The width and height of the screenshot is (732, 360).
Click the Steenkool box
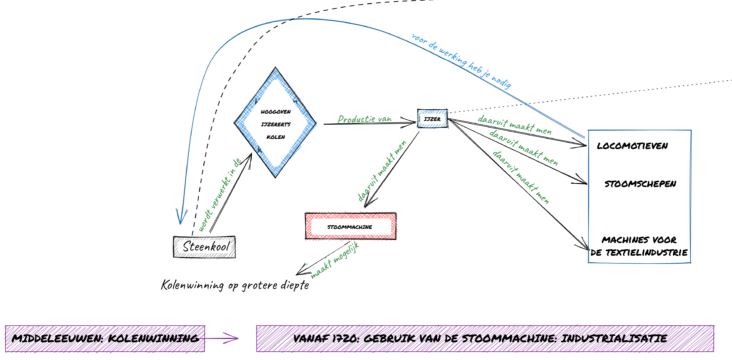pos(204,247)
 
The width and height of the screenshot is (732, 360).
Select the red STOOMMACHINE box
pos(351,226)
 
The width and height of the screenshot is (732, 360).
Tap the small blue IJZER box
pos(432,119)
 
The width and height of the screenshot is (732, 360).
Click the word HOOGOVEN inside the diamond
pos(276,112)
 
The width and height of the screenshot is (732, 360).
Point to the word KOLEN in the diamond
pos(276,137)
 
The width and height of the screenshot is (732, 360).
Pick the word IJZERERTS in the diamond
pos(276,124)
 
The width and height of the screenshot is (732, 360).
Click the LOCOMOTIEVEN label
pos(632,146)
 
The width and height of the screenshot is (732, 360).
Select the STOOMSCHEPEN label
pos(640,184)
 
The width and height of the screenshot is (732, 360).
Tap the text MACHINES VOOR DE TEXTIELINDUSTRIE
pos(639,246)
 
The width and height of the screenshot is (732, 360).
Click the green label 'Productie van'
pos(365,119)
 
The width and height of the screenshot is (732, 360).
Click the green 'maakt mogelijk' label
pos(335,260)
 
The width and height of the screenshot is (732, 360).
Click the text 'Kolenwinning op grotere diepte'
pos(235,285)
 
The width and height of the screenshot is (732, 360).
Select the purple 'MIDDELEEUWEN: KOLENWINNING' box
pos(105,339)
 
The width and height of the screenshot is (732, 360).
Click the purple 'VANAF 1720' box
pos(485,339)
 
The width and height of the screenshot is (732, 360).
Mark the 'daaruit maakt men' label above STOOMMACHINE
pos(382,171)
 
